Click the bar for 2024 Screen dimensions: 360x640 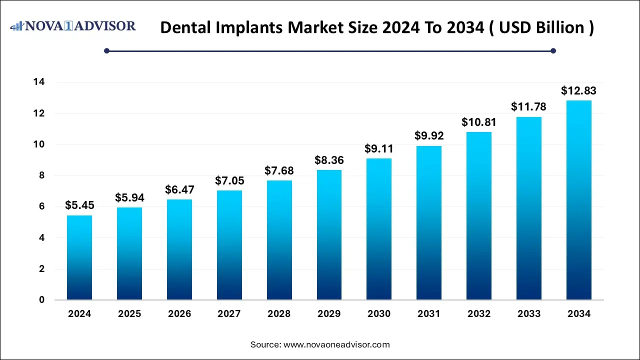pyautogui.click(x=79, y=257)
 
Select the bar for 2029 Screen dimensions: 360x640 pyautogui.click(x=329, y=235)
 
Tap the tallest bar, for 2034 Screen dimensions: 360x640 pyautogui.click(x=579, y=200)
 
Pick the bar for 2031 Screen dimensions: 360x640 pyautogui.click(x=429, y=223)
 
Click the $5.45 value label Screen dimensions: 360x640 pyautogui.click(x=79, y=205)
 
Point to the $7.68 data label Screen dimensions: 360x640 pyautogui.click(x=279, y=170)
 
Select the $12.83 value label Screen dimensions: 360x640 pyautogui.click(x=578, y=90)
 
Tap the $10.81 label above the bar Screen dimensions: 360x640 pyautogui.click(x=478, y=122)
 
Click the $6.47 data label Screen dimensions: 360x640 pyautogui.click(x=179, y=189)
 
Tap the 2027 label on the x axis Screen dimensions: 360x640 pyautogui.click(x=229, y=314)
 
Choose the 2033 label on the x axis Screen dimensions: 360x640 pyautogui.click(x=529, y=314)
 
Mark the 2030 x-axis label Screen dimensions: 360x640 pyautogui.click(x=379, y=314)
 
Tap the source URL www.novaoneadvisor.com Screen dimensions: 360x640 pyautogui.click(x=336, y=344)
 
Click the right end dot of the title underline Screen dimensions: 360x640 pyautogui.click(x=553, y=50)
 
